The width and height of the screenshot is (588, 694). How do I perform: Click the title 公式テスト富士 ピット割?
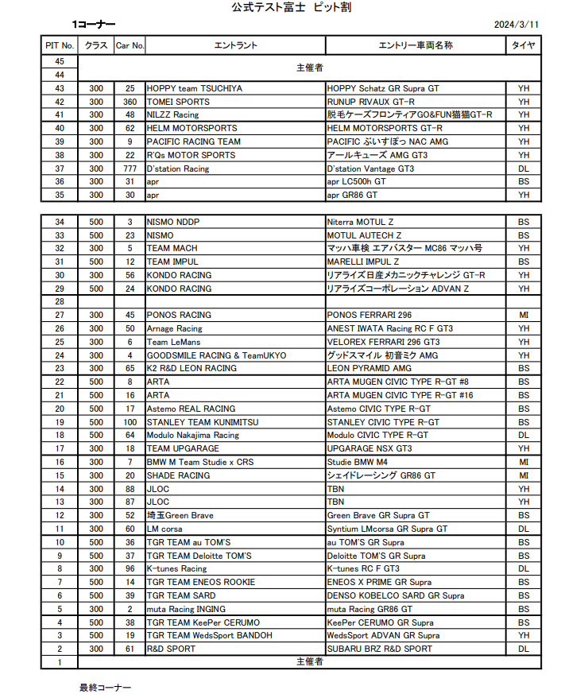pyautogui.click(x=291, y=7)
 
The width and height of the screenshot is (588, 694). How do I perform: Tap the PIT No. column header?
pyautogui.click(x=60, y=45)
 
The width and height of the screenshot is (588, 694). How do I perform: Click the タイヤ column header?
pyautogui.click(x=524, y=45)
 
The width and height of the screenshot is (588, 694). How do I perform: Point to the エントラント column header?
pyautogui.click(x=235, y=45)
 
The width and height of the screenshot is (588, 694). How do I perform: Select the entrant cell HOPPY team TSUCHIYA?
pyautogui.click(x=195, y=88)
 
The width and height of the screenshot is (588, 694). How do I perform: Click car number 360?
pyautogui.click(x=130, y=102)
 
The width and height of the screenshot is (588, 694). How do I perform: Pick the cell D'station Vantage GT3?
pyautogui.click(x=370, y=169)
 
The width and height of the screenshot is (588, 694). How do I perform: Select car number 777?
pyautogui.click(x=130, y=169)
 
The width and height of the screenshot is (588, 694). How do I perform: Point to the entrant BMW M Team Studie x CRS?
pyautogui.click(x=200, y=462)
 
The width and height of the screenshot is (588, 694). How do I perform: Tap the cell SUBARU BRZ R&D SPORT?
pyautogui.click(x=380, y=649)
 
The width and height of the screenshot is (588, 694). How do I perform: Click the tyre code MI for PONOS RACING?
pyautogui.click(x=524, y=315)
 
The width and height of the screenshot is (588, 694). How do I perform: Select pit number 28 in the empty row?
pyautogui.click(x=60, y=302)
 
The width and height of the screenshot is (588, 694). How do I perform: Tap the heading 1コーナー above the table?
pyautogui.click(x=93, y=25)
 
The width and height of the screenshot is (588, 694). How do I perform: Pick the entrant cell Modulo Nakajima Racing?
pyautogui.click(x=193, y=436)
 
